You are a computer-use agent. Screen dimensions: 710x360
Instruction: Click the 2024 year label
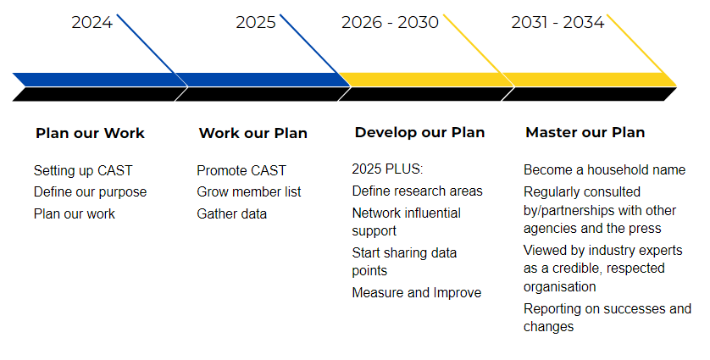92,22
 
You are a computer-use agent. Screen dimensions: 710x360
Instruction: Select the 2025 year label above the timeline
256,22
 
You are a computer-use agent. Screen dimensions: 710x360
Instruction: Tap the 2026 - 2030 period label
390,22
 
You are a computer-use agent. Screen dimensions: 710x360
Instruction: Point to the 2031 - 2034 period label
557,22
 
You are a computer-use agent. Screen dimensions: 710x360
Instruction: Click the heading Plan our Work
90,133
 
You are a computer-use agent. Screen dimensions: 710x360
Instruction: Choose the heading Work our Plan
253,133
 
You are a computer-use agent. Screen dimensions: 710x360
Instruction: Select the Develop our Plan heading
419,133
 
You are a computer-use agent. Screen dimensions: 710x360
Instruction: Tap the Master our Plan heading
585,133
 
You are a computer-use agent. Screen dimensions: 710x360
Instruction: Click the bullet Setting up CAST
83,171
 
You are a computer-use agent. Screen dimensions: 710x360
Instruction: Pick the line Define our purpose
90,192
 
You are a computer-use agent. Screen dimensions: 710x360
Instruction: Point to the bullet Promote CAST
241,171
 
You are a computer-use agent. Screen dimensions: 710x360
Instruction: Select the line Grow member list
248,192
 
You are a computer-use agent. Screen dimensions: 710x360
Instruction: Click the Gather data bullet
232,213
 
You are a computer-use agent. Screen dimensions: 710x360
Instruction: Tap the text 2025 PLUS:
387,169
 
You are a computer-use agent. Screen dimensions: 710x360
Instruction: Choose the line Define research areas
417,191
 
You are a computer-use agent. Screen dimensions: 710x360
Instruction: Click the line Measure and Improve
417,292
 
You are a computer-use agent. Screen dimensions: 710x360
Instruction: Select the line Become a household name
604,169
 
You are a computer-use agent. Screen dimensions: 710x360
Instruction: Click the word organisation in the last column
560,286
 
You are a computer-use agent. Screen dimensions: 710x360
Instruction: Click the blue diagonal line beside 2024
153,50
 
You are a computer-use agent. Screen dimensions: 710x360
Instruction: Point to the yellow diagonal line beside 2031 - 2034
641,50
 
